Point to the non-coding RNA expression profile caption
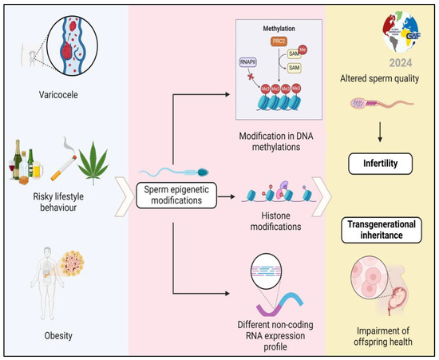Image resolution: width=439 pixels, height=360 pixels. [275, 330]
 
